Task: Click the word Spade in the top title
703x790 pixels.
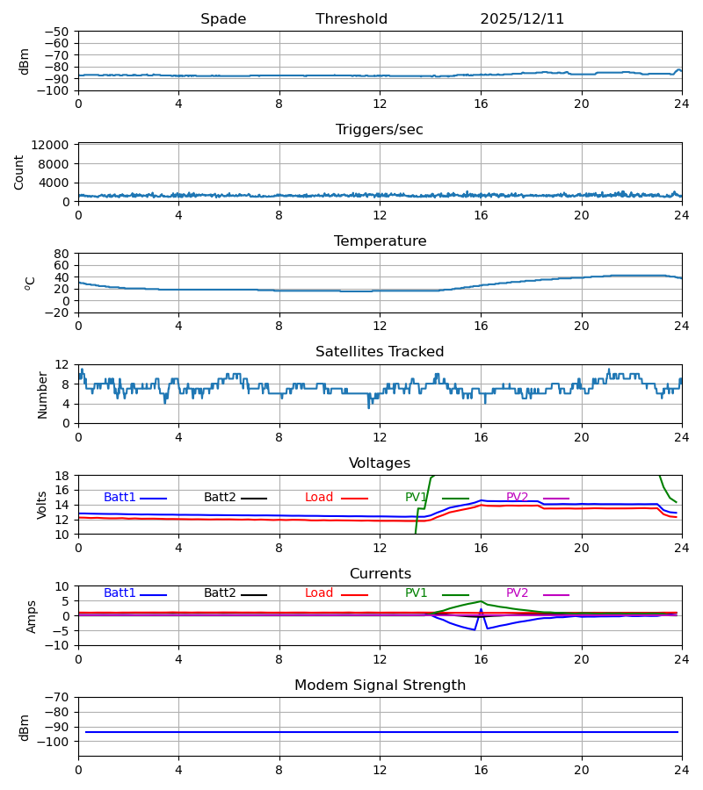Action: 223,19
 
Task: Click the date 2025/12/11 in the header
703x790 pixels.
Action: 522,19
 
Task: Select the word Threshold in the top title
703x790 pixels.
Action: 351,19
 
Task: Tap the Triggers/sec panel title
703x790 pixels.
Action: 380,130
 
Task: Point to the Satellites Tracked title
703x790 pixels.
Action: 380,352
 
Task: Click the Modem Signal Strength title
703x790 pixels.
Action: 380,686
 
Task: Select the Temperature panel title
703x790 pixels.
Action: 380,241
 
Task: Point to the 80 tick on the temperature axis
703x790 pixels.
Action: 62,254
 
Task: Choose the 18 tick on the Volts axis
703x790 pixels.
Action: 62,476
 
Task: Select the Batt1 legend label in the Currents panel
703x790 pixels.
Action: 120,593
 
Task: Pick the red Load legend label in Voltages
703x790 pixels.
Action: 319,498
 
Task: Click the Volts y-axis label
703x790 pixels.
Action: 42,505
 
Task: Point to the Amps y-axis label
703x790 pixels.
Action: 32,616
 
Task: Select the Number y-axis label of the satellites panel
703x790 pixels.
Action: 42,394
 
